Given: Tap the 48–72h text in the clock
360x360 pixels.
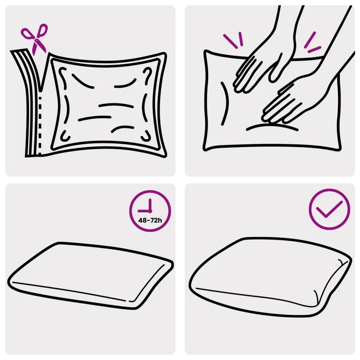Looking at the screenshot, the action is (150, 220).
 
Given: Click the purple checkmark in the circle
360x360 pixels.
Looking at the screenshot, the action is (329, 209).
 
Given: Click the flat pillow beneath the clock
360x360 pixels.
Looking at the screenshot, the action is (90, 275).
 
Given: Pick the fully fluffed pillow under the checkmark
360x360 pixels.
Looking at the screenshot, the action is (270, 277).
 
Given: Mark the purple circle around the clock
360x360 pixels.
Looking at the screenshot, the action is (150, 191).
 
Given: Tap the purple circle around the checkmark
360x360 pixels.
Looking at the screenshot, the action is (330, 190).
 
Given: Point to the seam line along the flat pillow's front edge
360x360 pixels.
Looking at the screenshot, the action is (69, 291).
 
